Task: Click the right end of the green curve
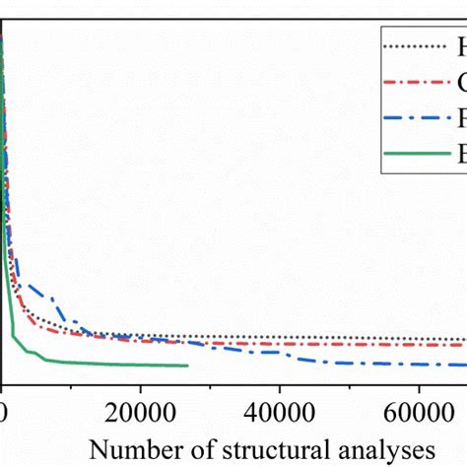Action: (186, 366)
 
